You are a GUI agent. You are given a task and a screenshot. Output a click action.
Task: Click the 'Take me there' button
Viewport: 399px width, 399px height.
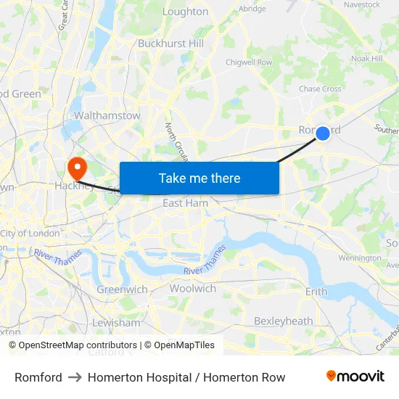pyautogui.click(x=199, y=178)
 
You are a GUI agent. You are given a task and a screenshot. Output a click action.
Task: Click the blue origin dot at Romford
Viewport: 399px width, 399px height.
pyautogui.click(x=323, y=133)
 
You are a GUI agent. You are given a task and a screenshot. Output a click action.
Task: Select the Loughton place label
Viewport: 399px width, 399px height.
pyautogui.click(x=185, y=12)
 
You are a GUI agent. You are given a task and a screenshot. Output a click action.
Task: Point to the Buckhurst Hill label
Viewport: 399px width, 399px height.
pyautogui.click(x=170, y=44)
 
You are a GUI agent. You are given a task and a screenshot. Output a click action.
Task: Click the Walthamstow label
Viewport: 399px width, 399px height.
pyautogui.click(x=107, y=115)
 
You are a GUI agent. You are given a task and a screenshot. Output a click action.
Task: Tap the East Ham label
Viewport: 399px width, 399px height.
pyautogui.click(x=185, y=203)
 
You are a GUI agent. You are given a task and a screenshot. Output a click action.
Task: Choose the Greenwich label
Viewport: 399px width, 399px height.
pyautogui.click(x=122, y=289)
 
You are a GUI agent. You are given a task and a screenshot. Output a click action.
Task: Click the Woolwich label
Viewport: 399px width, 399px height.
pyautogui.click(x=192, y=289)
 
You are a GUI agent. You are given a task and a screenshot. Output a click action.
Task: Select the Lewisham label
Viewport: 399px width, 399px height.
pyautogui.click(x=116, y=323)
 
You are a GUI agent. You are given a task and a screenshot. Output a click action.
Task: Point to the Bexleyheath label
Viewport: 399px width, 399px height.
pyautogui.click(x=283, y=321)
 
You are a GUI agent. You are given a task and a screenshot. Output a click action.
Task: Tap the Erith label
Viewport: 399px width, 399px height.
pyautogui.click(x=316, y=292)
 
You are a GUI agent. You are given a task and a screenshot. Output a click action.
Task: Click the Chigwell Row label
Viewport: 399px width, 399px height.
pyautogui.click(x=249, y=62)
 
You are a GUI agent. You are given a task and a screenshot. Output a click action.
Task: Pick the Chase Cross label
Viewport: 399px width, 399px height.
pyautogui.click(x=320, y=89)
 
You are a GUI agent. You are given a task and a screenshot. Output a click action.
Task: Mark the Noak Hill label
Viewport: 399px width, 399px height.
pyautogui.click(x=366, y=59)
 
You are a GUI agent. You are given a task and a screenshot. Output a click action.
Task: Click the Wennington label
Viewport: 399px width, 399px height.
pyautogui.click(x=359, y=258)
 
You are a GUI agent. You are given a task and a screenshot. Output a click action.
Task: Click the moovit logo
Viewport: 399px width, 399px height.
pyautogui.click(x=355, y=377)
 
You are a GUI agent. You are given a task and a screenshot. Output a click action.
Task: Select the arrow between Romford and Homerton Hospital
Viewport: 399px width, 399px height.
pyautogui.click(x=75, y=377)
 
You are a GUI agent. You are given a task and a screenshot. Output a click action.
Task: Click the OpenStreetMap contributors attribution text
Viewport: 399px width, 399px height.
pyautogui.click(x=78, y=345)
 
